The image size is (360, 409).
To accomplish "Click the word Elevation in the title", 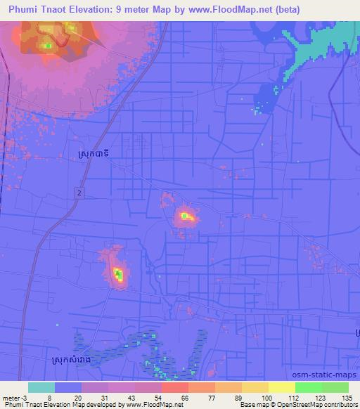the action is pos(91,9).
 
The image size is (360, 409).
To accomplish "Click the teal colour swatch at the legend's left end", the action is pos(41,387).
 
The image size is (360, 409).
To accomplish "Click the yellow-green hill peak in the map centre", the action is pos(185,216).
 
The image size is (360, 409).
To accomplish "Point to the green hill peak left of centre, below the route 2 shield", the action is pos(118,274).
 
